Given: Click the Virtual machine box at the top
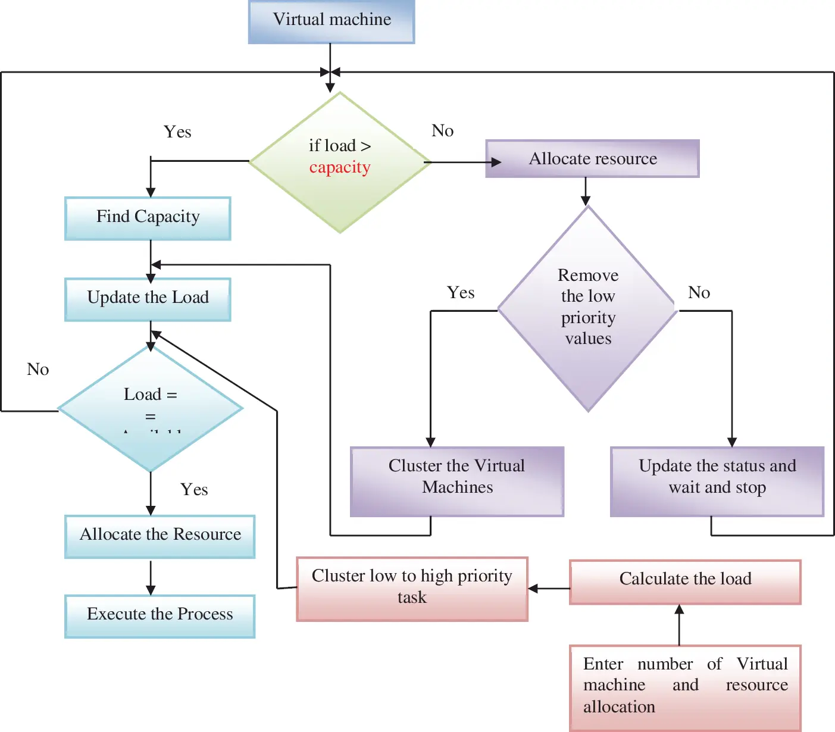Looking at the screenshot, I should (x=332, y=21).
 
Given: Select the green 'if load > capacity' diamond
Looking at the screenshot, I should (x=340, y=162).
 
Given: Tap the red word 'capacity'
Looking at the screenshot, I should (x=340, y=168).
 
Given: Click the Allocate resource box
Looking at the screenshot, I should (x=592, y=159).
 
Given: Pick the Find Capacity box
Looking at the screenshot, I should (x=148, y=218).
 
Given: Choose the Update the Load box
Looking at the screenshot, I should (x=148, y=299).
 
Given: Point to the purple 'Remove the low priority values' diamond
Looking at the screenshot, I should (x=588, y=309).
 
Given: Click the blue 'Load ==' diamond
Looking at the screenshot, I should (x=151, y=408).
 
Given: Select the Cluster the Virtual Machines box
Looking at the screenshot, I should (x=456, y=481).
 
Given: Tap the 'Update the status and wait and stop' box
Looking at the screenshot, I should (x=717, y=481).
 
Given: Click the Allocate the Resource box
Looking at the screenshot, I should (x=160, y=536).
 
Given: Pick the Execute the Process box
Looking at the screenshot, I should (x=160, y=616).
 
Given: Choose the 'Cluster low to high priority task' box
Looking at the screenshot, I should (x=412, y=589).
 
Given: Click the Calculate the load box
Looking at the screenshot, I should (x=685, y=581).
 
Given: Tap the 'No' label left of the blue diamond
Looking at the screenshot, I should (x=38, y=370).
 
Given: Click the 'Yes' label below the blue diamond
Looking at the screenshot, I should (x=194, y=490).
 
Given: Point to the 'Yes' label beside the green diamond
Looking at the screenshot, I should (x=177, y=132).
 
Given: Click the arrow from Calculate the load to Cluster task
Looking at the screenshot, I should (x=549, y=589).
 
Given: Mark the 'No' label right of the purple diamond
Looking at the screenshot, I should (x=699, y=293).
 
